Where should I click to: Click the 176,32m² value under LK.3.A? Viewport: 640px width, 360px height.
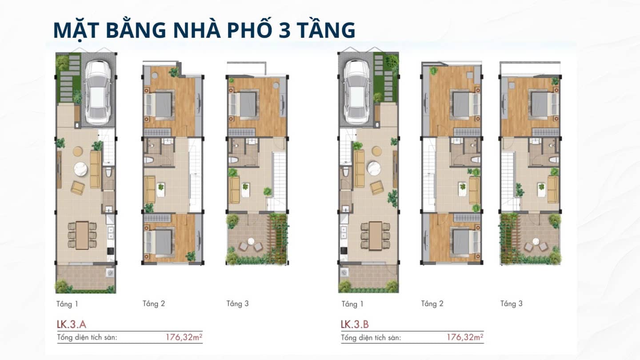tap(184, 337)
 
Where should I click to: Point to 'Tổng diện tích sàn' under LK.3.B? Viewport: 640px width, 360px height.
tap(371, 337)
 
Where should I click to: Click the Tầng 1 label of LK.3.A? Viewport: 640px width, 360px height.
tap(67, 304)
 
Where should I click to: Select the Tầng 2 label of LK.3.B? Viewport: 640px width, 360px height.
tap(432, 304)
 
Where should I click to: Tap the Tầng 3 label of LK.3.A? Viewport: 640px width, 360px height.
tap(237, 304)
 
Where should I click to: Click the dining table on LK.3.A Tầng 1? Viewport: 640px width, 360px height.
tap(82, 234)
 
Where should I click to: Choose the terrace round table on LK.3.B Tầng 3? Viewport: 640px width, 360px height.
tap(536, 242)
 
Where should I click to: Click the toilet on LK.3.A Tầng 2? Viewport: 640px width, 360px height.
tap(149, 160)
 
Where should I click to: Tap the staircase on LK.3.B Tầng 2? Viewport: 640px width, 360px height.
tap(428, 173)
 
